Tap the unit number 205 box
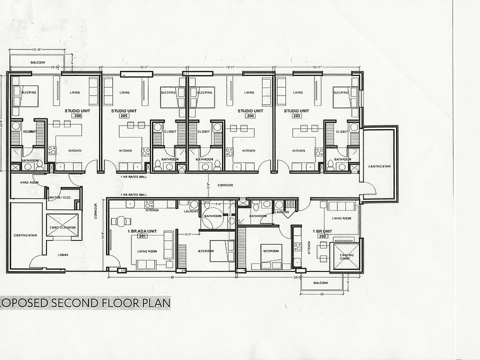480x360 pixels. pos(124,115)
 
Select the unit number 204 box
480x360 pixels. pos(250,115)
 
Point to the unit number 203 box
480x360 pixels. pos(298,115)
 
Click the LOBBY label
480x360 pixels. pos(62,255)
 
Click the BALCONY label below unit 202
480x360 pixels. pos(321,283)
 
